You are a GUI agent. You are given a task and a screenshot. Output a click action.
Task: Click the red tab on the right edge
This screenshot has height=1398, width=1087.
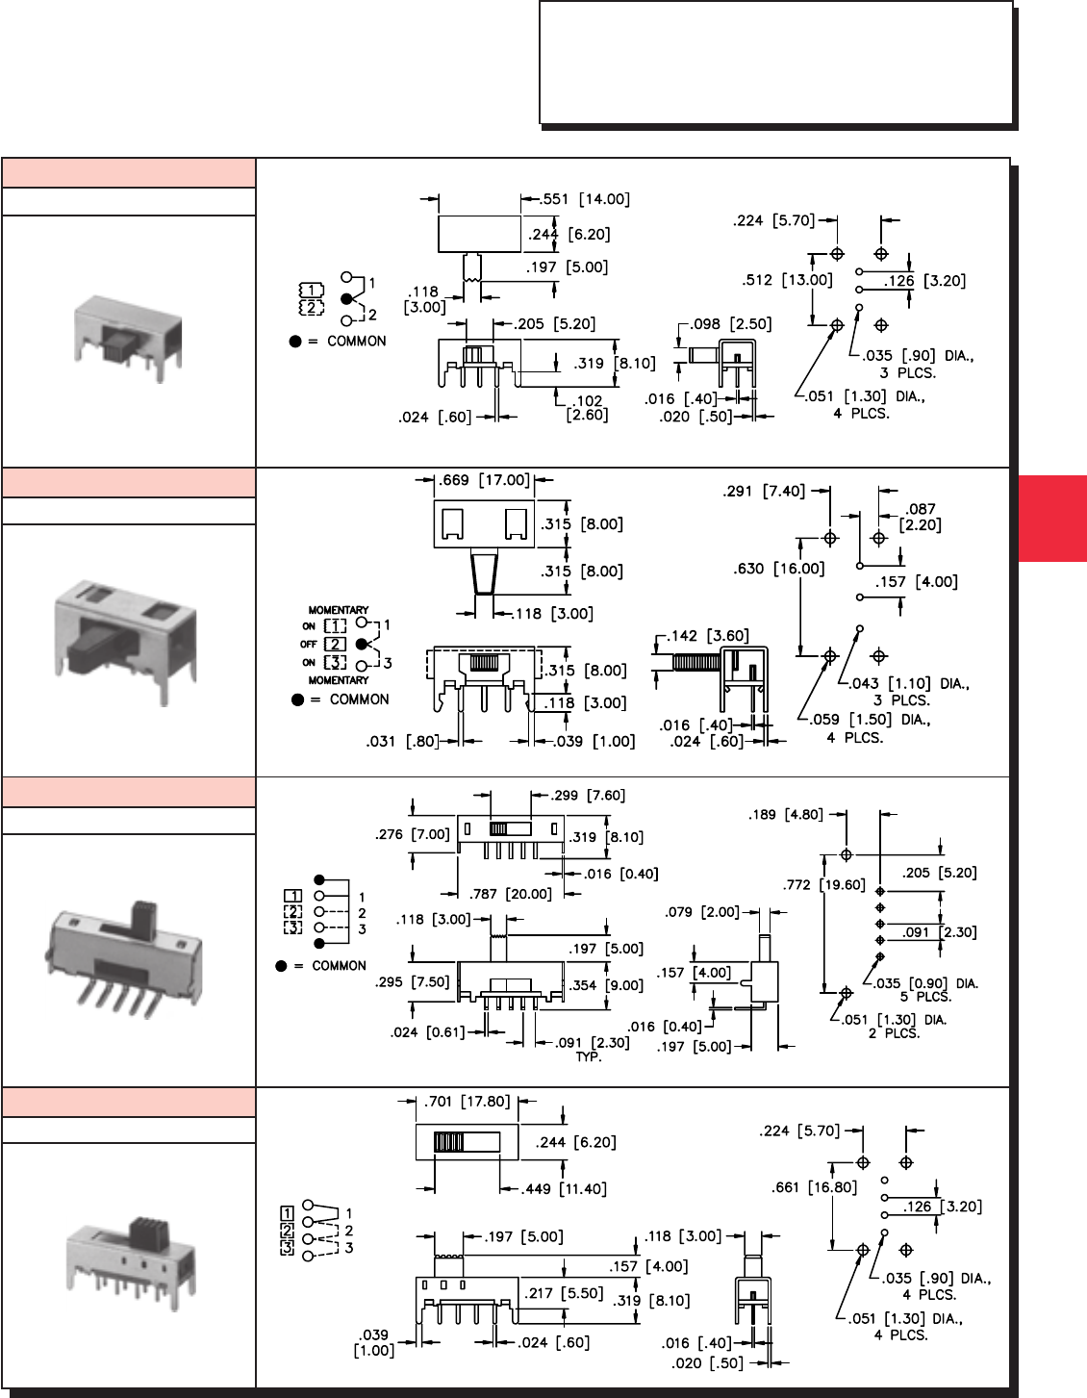(1052, 518)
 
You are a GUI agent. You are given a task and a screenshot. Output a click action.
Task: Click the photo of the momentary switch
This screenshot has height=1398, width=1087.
(127, 640)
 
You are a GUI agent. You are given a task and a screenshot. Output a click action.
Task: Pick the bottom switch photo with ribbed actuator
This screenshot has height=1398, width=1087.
(130, 1260)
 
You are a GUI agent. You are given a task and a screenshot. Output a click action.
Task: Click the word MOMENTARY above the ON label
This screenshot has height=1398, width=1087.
(338, 610)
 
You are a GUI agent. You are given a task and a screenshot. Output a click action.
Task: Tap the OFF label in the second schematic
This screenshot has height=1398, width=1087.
(308, 644)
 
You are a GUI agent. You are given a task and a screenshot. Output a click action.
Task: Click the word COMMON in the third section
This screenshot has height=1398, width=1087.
(339, 965)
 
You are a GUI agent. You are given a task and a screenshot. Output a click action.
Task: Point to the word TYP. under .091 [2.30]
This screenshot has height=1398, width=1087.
(588, 1056)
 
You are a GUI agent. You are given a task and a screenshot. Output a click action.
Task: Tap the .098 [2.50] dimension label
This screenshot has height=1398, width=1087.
(731, 324)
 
